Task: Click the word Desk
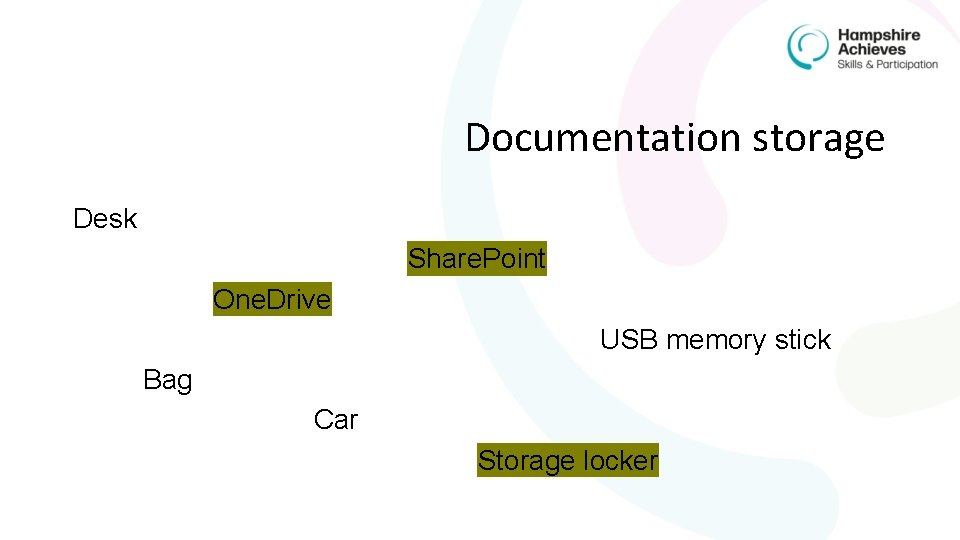(x=105, y=219)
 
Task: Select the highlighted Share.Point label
(x=477, y=259)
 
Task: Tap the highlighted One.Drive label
(x=272, y=299)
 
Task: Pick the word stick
(x=802, y=340)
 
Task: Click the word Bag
(x=167, y=380)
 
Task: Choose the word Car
(x=335, y=420)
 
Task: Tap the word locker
(x=621, y=460)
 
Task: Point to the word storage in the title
(x=819, y=138)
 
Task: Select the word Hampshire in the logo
(x=879, y=35)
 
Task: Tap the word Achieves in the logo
(x=872, y=49)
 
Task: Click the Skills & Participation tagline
(x=888, y=64)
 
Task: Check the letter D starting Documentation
(x=477, y=138)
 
